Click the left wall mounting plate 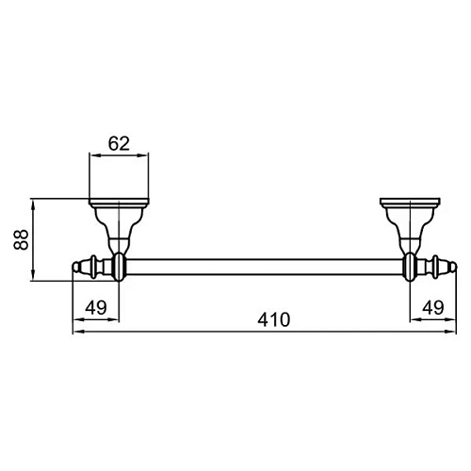click(120, 203)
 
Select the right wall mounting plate click(411, 203)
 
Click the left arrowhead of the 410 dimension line click(76, 331)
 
